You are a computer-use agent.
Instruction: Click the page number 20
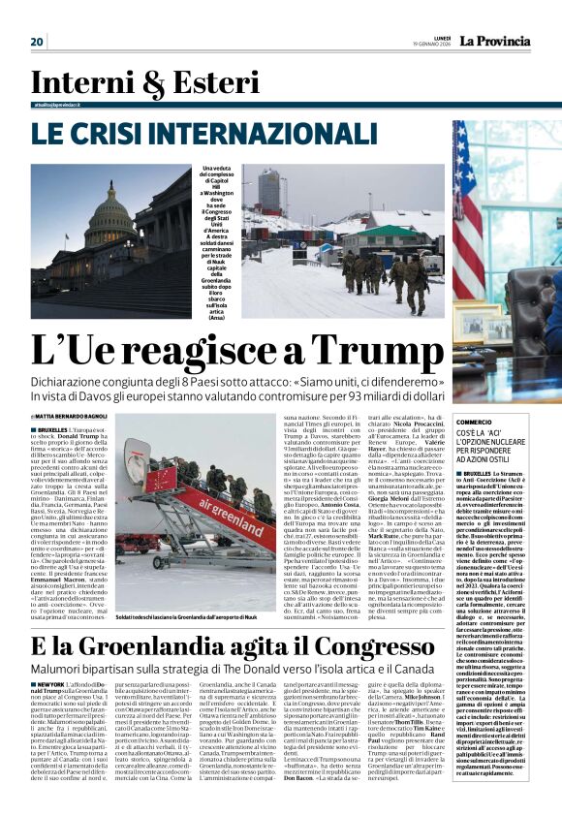coord(37,41)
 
